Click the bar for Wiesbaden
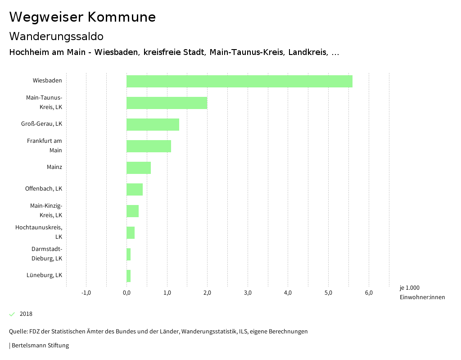coord(239,81)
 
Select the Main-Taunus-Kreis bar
coord(167,103)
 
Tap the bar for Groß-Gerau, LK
coord(153,124)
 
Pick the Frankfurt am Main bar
coord(149,146)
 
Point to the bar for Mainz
coord(139,168)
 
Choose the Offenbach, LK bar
coord(135,189)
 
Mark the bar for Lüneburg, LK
coord(129,276)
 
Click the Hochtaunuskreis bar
coord(131,232)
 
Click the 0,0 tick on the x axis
coord(127,293)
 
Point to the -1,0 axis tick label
coord(86,293)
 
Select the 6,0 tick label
coord(369,293)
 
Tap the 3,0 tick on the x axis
coord(248,293)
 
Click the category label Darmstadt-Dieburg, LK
coord(47,254)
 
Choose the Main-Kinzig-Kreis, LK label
coord(46,210)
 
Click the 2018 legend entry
coord(26,314)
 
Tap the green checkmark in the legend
coord(12,314)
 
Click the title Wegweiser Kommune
coord(82,17)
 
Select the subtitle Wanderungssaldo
coord(56,36)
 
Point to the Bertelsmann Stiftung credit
coord(40,346)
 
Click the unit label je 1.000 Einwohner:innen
coord(422,292)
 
